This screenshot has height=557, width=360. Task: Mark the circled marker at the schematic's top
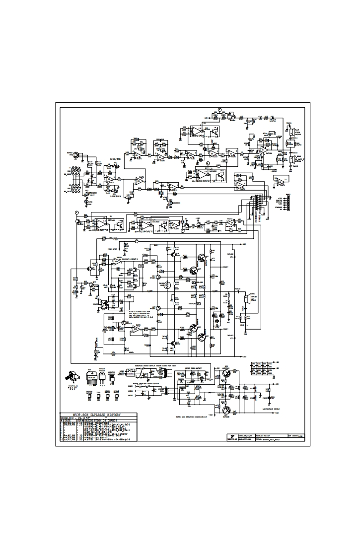tap(219, 109)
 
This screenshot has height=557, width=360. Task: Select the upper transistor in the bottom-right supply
tap(226, 374)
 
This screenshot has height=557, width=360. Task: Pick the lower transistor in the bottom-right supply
tap(226, 411)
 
